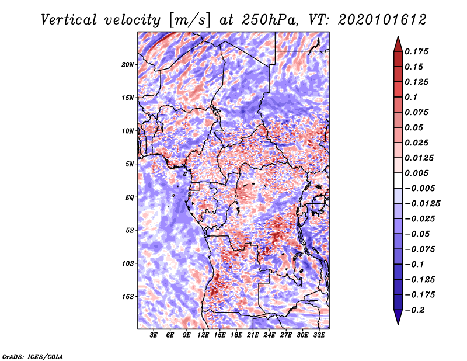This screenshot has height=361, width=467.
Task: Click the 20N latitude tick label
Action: click(x=128, y=64)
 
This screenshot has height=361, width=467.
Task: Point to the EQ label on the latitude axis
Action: click(x=129, y=197)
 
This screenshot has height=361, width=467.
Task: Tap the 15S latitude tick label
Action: click(x=128, y=297)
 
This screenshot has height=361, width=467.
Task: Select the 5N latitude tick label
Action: click(x=130, y=164)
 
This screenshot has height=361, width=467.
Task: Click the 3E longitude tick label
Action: click(x=154, y=335)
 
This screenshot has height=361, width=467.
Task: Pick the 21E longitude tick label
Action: click(x=253, y=335)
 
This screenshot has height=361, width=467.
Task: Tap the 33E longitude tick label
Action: click(x=319, y=335)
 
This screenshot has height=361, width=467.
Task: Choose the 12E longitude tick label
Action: click(x=203, y=335)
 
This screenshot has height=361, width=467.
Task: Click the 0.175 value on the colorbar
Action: click(x=416, y=51)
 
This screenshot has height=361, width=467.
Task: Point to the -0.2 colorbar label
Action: click(x=415, y=310)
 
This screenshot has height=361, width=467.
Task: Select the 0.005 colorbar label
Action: click(x=416, y=173)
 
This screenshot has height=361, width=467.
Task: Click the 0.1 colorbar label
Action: click(x=411, y=97)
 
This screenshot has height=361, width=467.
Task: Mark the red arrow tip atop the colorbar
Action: click(x=398, y=36)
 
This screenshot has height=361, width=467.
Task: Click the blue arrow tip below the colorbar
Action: click(x=398, y=324)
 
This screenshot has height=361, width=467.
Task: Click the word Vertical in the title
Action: click(x=68, y=20)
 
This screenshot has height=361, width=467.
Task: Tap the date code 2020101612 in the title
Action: click(x=382, y=20)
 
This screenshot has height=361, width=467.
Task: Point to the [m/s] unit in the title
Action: click(x=189, y=20)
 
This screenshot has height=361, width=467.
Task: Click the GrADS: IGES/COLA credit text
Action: click(x=33, y=356)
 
